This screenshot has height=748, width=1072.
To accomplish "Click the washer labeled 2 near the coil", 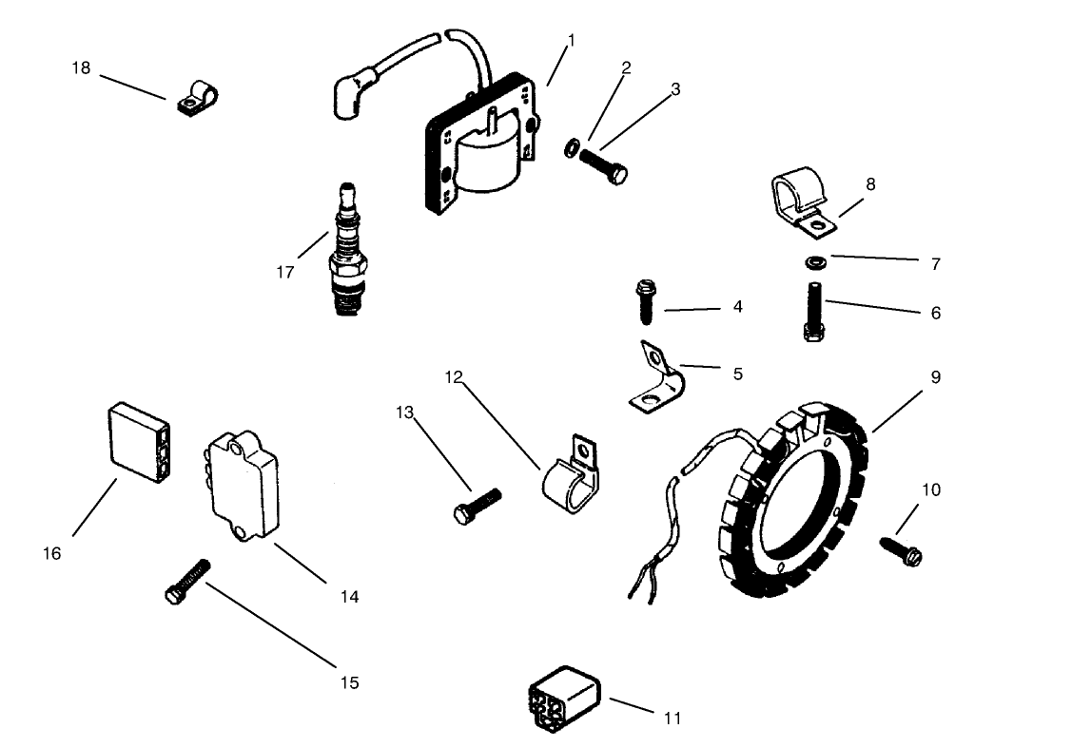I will [x=571, y=147].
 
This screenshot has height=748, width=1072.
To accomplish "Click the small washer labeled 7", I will [x=814, y=261].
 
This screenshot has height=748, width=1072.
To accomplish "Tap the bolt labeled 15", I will [x=186, y=580].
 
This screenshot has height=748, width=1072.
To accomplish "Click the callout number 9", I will [x=935, y=377].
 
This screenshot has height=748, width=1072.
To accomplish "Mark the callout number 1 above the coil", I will [x=572, y=40].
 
